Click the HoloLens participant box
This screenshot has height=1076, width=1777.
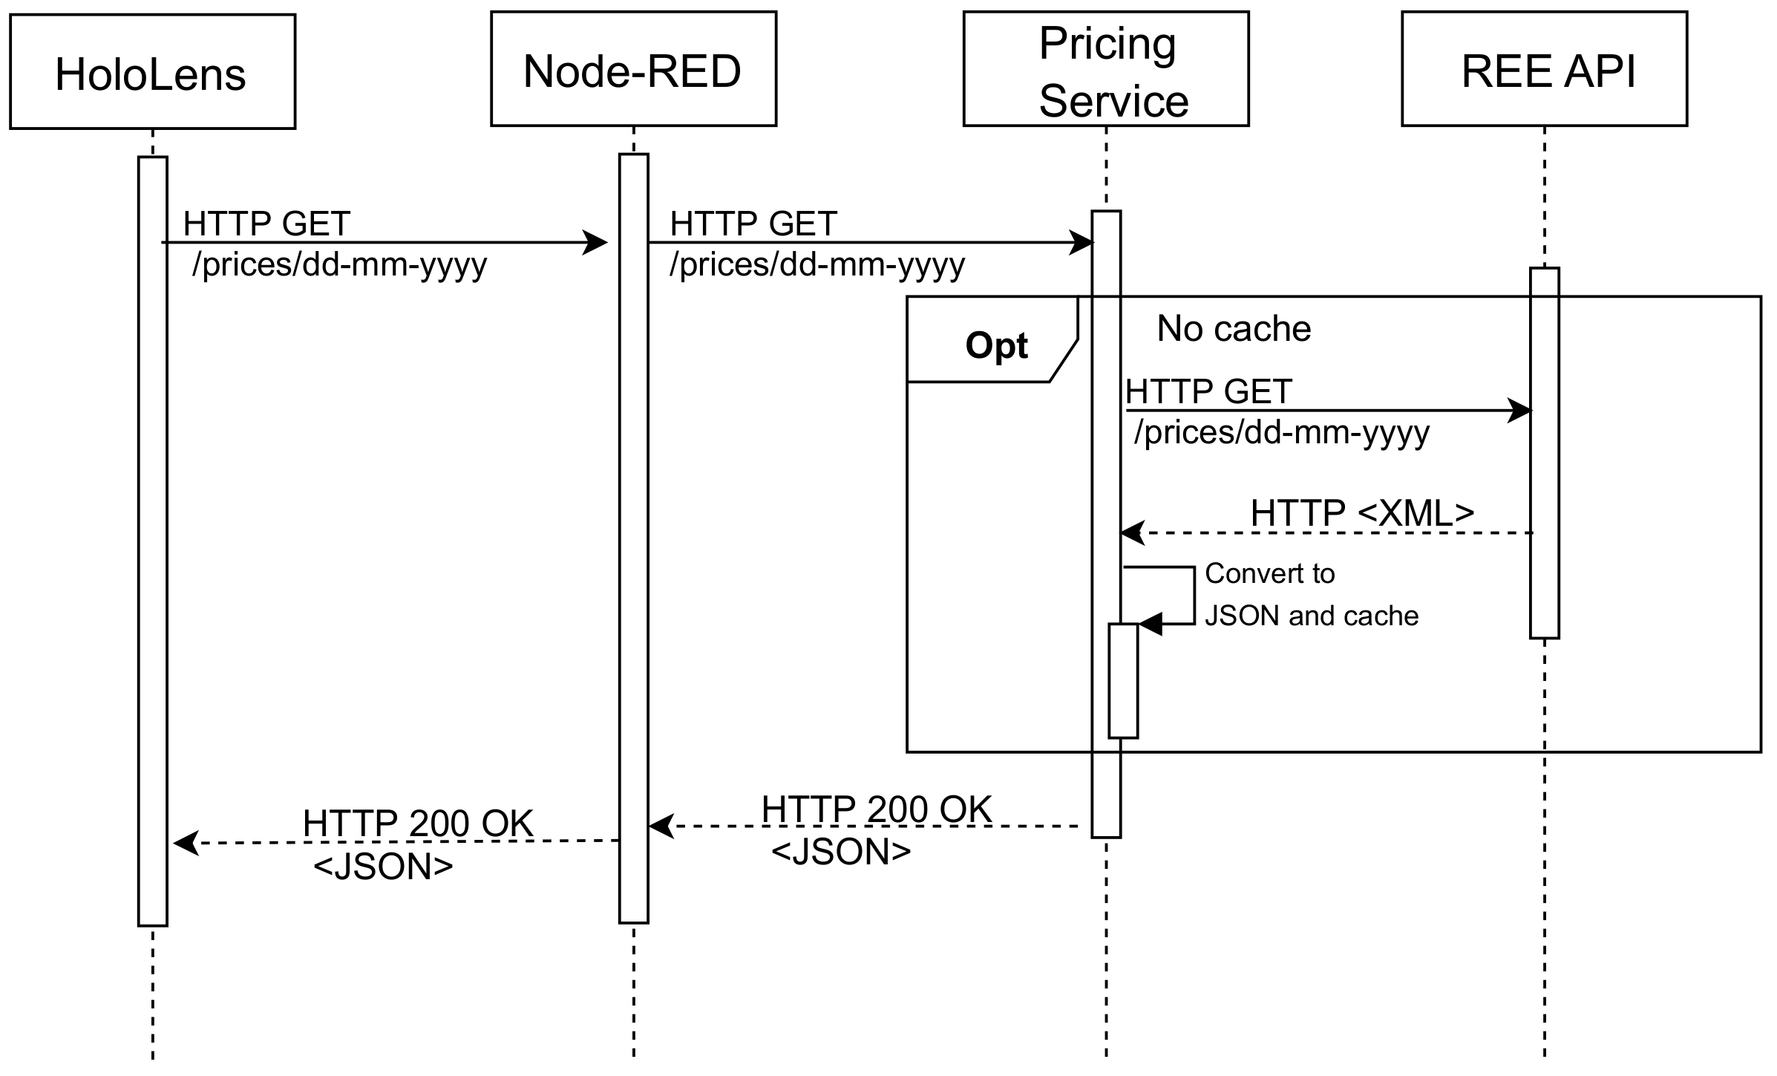tap(152, 72)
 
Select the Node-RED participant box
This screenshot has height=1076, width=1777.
tap(633, 69)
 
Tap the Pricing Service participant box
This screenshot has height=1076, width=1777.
tap(1106, 69)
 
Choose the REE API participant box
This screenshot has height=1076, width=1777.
tap(1544, 69)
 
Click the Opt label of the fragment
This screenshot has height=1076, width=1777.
tap(995, 345)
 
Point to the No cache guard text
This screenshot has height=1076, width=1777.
tap(1234, 328)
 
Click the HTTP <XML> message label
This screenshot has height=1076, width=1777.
tap(1361, 513)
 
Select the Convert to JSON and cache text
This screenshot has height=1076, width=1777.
tap(1311, 594)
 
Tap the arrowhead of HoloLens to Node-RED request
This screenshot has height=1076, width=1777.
tap(596, 242)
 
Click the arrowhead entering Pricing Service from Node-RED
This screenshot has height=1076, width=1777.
tap(1081, 242)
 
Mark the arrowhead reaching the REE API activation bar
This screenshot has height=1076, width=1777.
tap(1519, 410)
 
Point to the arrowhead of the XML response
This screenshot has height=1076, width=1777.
tap(1132, 532)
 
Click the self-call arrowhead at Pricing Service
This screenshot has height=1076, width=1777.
tap(1150, 625)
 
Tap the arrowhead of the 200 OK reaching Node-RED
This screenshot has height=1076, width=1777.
tap(661, 826)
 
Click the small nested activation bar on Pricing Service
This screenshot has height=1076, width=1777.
tap(1123, 680)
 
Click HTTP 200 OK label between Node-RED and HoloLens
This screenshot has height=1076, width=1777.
tap(418, 823)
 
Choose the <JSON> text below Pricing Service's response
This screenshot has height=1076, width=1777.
tap(840, 852)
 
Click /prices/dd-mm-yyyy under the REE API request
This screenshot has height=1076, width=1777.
tap(1281, 432)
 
